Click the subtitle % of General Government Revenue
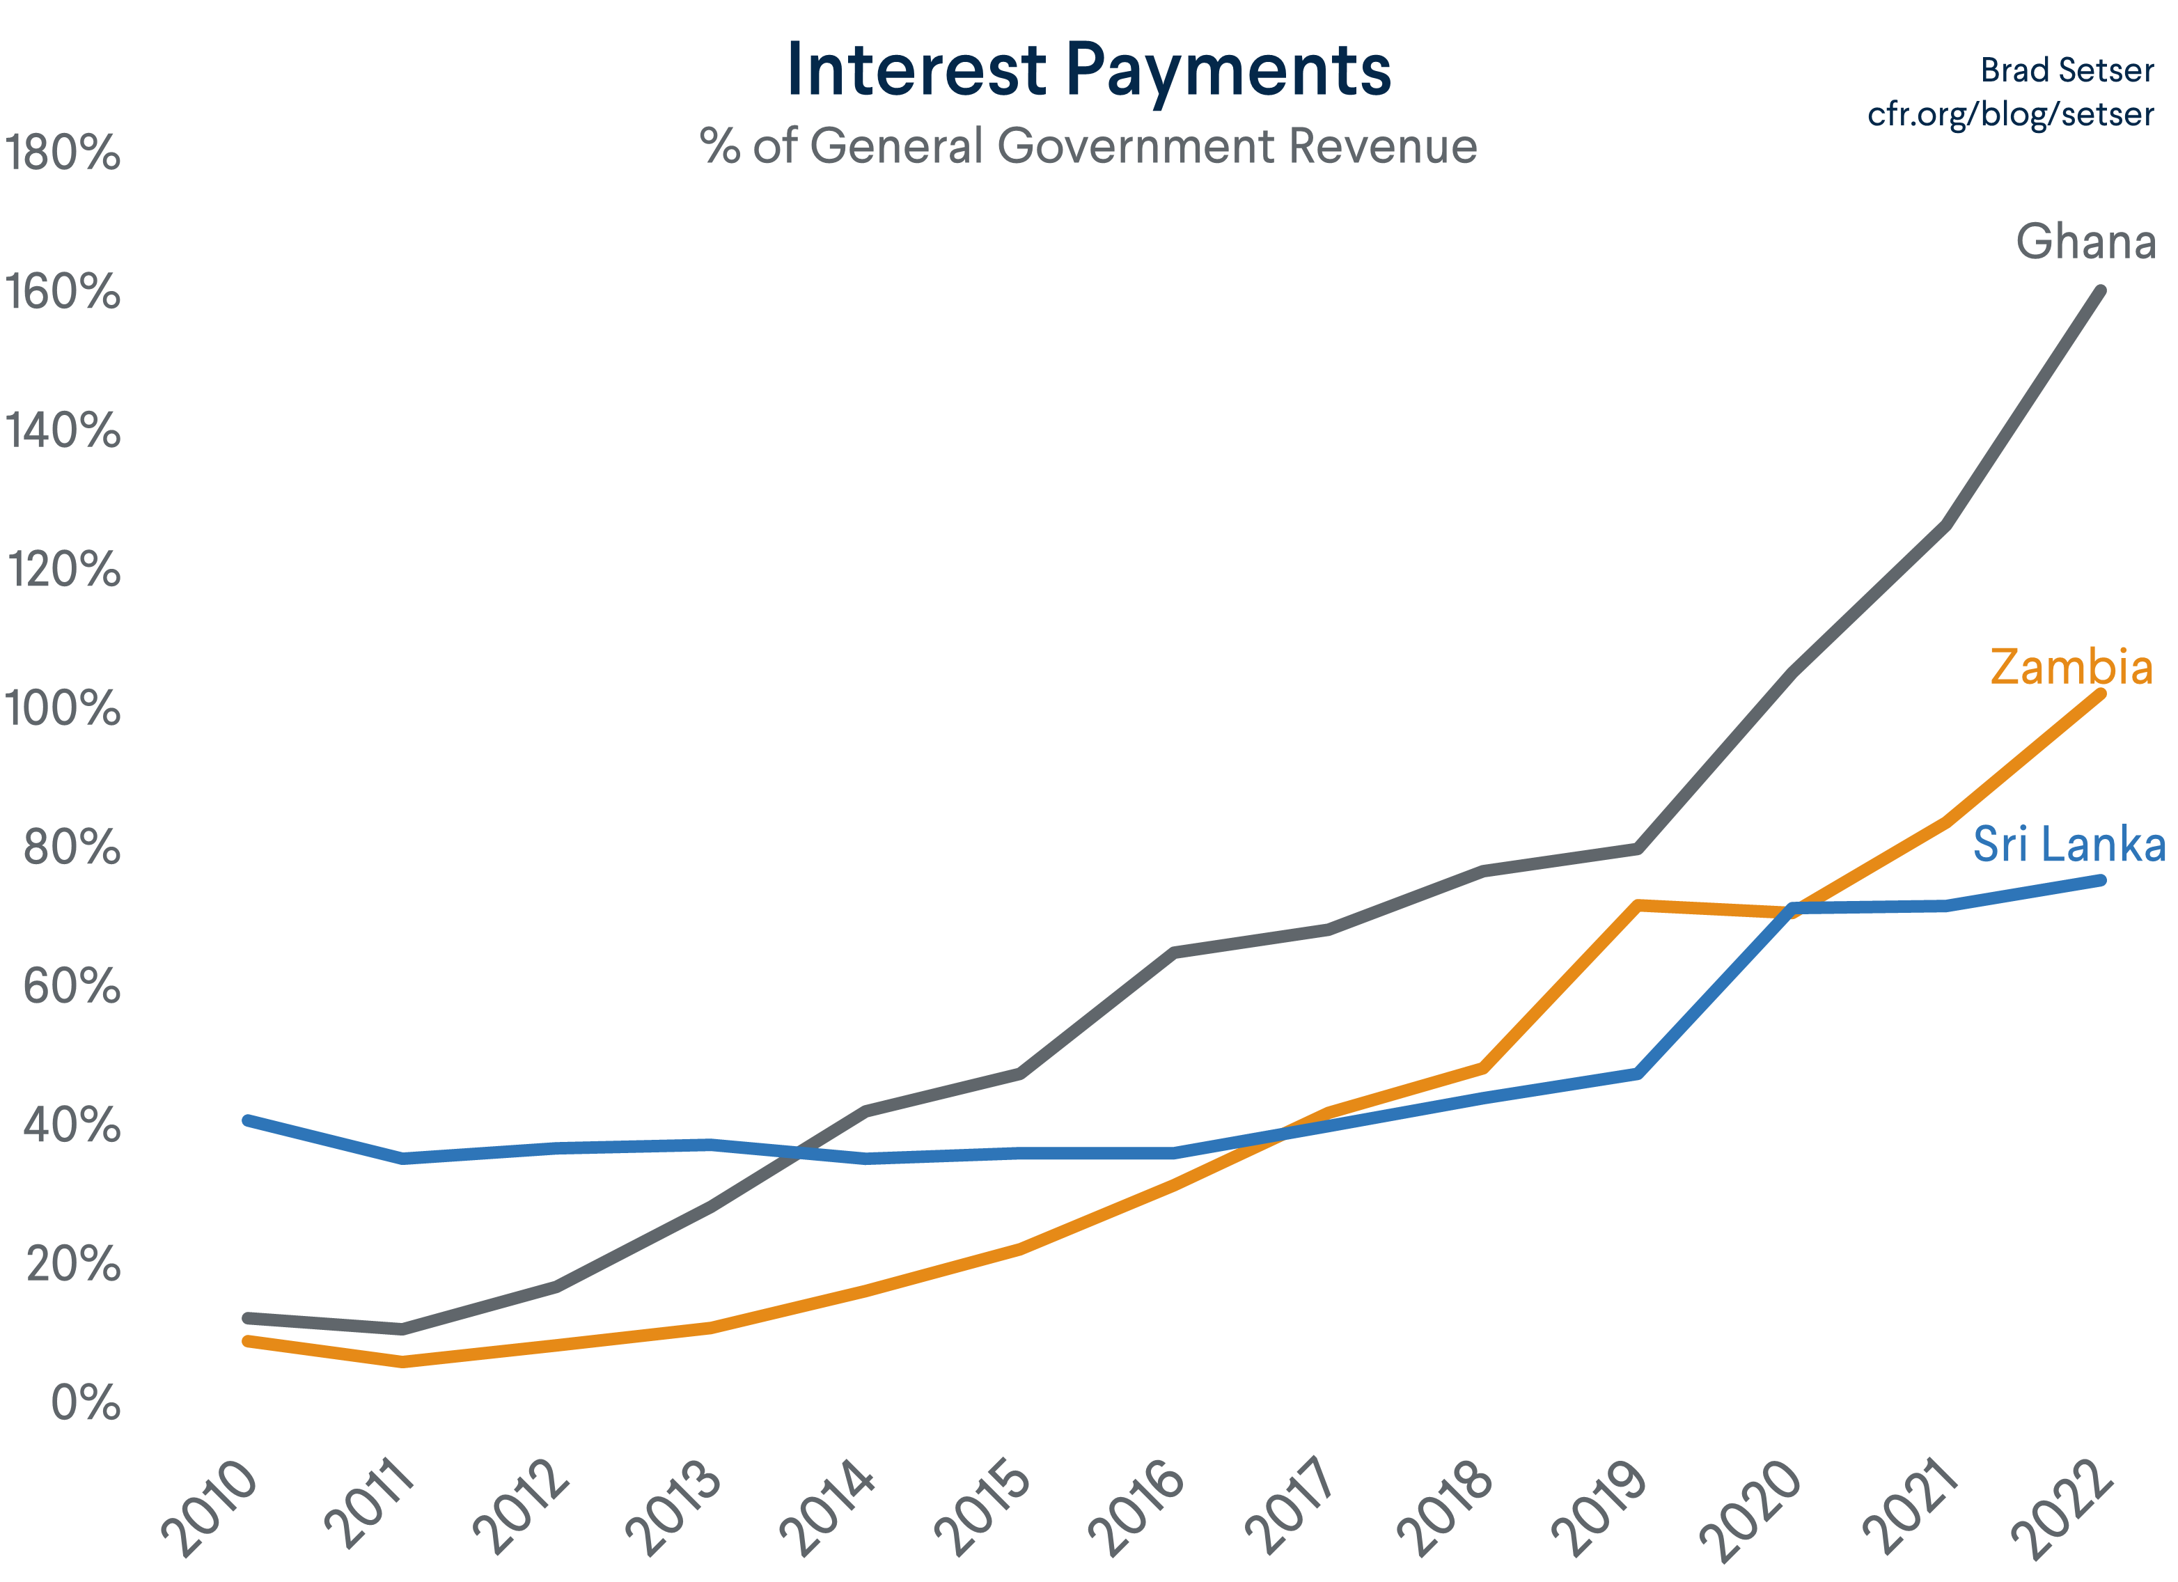click(x=1088, y=146)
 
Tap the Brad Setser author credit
click(x=2067, y=70)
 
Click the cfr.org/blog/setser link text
click(x=2010, y=114)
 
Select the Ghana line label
click(x=2085, y=241)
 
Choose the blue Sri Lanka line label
click(x=2069, y=845)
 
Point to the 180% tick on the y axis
click(x=63, y=152)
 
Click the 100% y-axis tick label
click(x=63, y=709)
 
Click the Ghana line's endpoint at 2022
click(x=2100, y=291)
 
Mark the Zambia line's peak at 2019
click(x=1638, y=904)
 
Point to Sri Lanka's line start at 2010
click(x=248, y=1120)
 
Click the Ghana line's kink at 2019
click(x=1638, y=848)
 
